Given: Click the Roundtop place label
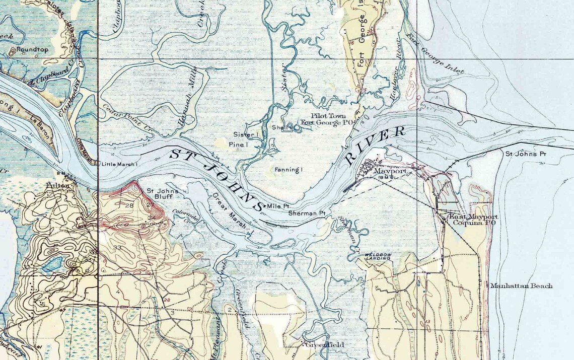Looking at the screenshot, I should [x=27, y=50].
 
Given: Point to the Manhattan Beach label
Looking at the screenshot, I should [x=521, y=285].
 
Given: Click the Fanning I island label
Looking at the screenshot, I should [x=289, y=170].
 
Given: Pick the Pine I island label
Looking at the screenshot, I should [x=236, y=145].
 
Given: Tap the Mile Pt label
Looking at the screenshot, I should [x=278, y=206].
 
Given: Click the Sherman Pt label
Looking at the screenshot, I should [x=307, y=213].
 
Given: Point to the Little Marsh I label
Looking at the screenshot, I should [x=119, y=164].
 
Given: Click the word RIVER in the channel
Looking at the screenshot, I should [x=375, y=146].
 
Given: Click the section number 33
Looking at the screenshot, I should [x=118, y=247].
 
